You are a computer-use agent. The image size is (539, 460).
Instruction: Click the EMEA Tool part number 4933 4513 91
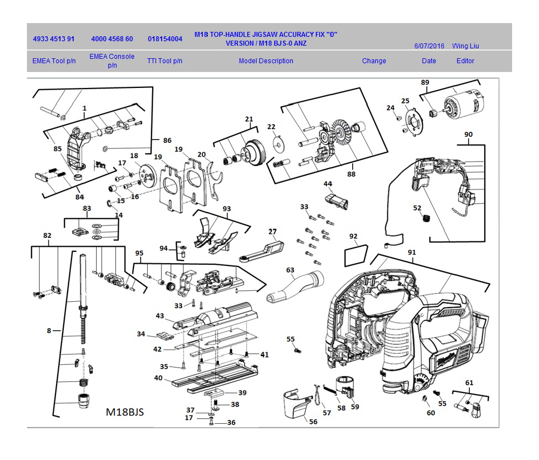point(54,40)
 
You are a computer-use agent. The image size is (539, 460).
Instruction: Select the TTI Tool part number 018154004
point(165,40)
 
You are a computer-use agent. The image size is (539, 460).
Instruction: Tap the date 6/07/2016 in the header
point(429,46)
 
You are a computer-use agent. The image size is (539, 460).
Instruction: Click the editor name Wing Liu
point(465,46)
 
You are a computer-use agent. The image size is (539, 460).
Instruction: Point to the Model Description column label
point(266,61)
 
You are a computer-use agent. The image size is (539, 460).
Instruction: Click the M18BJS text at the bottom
point(125,412)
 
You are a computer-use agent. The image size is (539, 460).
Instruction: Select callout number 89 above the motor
point(425,82)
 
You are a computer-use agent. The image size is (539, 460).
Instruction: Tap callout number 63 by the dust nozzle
point(290,270)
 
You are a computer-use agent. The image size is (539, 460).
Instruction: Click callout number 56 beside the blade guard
point(313,422)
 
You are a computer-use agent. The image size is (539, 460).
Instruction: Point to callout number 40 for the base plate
point(158,378)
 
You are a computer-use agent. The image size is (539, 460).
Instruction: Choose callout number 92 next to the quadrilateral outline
point(353,237)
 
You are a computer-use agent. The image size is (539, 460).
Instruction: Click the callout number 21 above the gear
point(249,119)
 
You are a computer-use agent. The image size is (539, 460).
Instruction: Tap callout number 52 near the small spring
point(417,208)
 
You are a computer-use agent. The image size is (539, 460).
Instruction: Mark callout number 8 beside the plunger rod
point(49,331)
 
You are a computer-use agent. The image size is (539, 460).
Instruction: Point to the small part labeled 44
point(336,201)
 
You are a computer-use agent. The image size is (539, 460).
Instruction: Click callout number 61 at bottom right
point(469,383)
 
